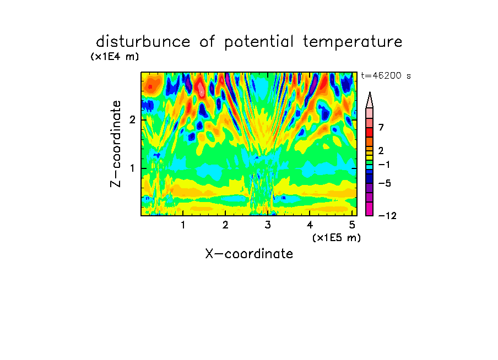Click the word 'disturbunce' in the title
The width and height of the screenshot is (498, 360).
143,42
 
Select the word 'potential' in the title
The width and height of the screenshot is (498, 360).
259,42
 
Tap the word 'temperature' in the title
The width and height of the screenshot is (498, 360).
353,42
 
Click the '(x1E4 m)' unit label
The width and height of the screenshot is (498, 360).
115,57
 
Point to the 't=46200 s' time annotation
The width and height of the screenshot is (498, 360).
386,76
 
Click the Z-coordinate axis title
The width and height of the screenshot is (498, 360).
116,144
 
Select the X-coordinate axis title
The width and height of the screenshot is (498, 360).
249,254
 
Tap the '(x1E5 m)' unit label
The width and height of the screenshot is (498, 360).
337,238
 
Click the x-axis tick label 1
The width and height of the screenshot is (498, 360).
183,225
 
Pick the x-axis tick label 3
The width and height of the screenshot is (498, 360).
268,225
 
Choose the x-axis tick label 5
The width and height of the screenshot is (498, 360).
352,225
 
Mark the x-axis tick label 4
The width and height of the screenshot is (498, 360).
310,225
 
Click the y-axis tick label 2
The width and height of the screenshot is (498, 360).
132,120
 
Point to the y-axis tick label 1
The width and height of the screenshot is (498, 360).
132,168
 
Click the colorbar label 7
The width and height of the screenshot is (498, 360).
381,128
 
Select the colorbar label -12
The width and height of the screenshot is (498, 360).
387,216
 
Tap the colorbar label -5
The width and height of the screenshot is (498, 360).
385,183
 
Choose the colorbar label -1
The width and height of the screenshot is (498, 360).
384,165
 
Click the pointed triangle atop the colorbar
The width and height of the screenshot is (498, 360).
370,100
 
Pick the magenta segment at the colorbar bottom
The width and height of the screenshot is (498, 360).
370,209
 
